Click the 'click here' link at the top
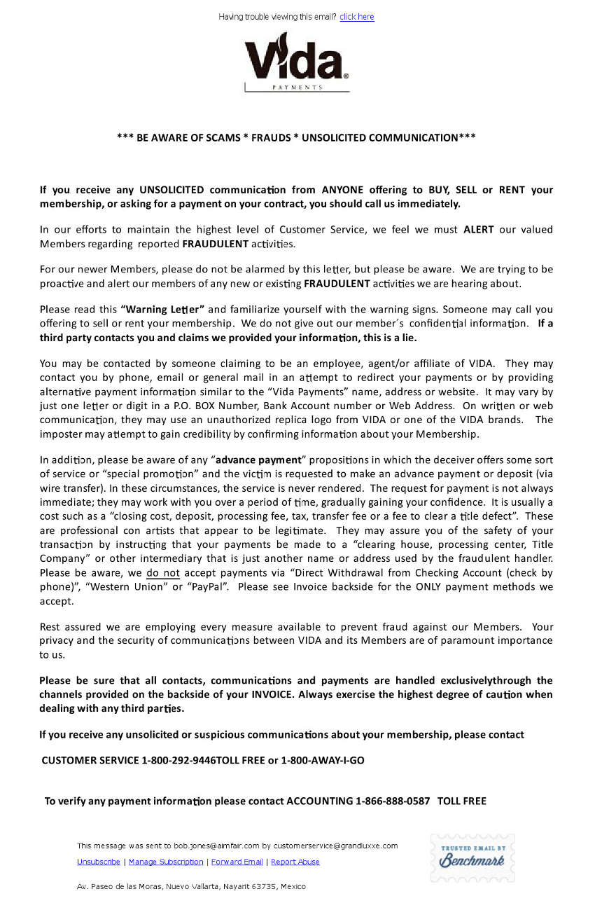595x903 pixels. click(x=356, y=17)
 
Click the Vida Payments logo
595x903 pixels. click(x=297, y=62)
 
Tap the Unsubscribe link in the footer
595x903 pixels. click(x=98, y=862)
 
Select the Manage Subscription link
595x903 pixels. click(x=166, y=862)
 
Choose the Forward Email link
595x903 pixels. click(x=237, y=862)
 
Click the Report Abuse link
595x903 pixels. click(x=295, y=862)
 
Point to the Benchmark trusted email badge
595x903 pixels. click(x=472, y=857)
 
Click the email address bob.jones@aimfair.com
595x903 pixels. click(x=216, y=846)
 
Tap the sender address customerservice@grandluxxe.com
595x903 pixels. click(x=335, y=846)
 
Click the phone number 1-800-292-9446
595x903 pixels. click(x=178, y=760)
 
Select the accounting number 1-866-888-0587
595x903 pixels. click(x=393, y=801)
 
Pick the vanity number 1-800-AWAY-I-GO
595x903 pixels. click(x=323, y=760)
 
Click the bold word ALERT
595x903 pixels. click(x=479, y=229)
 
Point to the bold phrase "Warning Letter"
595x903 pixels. click(x=162, y=309)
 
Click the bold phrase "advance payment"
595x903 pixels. click(x=258, y=460)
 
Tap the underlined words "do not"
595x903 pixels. click(x=163, y=572)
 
